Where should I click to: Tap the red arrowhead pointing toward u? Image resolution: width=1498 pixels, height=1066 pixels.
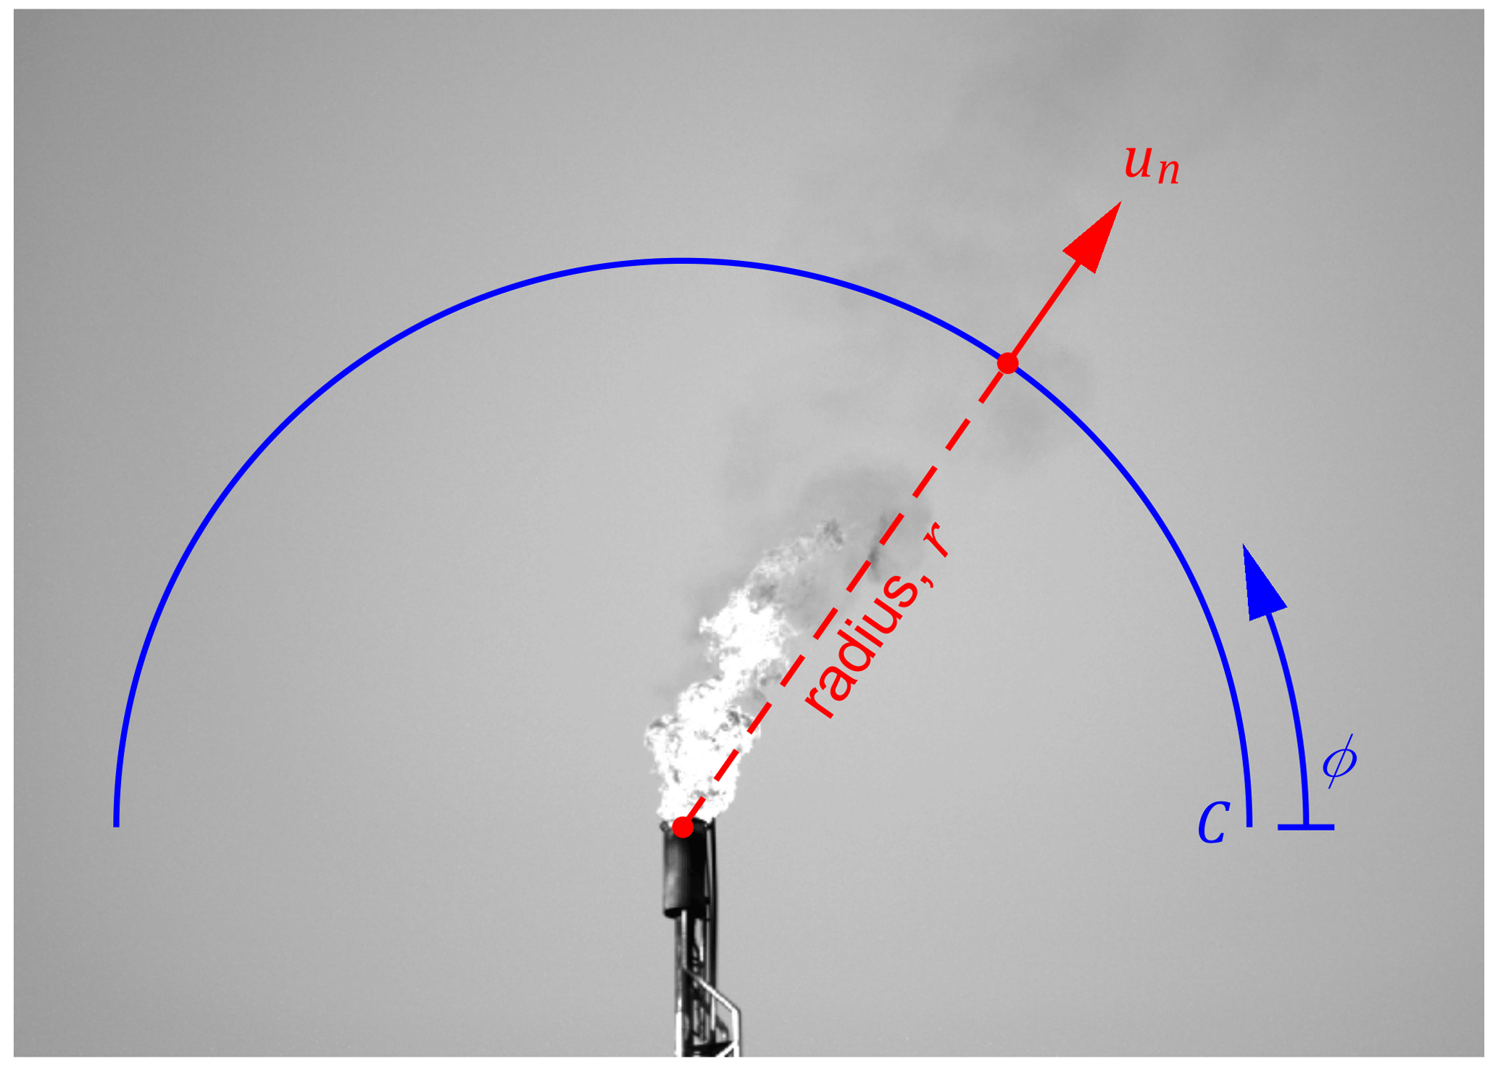1096,236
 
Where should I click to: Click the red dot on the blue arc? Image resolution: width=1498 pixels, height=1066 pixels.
1007,363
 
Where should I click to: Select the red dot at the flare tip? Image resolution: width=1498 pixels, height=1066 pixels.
683,826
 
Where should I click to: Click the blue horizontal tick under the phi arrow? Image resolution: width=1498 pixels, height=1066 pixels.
1306,827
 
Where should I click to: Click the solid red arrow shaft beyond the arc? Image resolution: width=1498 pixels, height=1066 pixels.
1044,312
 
